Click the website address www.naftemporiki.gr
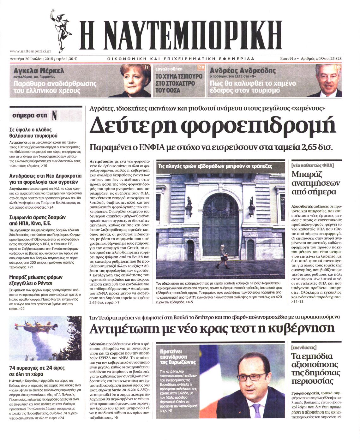(30, 51)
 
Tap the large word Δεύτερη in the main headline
(129, 125)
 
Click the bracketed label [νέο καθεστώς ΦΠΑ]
(312, 165)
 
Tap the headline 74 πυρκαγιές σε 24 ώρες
(37, 368)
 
